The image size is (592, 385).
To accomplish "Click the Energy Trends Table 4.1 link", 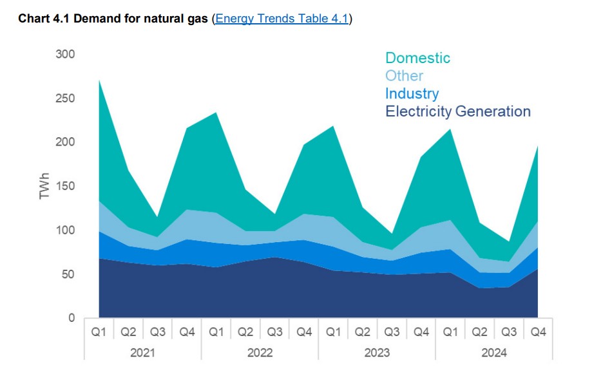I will point(282,19).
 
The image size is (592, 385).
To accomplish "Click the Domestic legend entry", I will point(417,58).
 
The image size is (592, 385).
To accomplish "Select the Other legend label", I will point(404,76).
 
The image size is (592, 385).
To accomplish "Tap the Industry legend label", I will point(412,93).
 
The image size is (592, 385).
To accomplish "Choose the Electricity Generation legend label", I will point(457,111).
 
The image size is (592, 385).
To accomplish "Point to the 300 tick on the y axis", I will point(64,54).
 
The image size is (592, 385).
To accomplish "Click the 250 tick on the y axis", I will point(64,99).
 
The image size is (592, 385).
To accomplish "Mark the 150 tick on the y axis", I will point(64,186).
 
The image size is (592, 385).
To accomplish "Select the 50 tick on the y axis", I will point(67,274).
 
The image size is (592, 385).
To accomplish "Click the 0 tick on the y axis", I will point(71,318).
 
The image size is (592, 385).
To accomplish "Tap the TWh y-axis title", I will point(44,186).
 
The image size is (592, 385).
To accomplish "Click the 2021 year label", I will point(142,353).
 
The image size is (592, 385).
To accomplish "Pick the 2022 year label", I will point(260,353).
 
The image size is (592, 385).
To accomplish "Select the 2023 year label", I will point(377,353).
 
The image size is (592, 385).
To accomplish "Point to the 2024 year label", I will point(494,353).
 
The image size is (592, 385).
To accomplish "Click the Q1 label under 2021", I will point(99,332).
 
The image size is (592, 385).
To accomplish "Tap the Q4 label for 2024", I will point(538,332).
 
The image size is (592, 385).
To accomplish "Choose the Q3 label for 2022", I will point(274,332).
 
